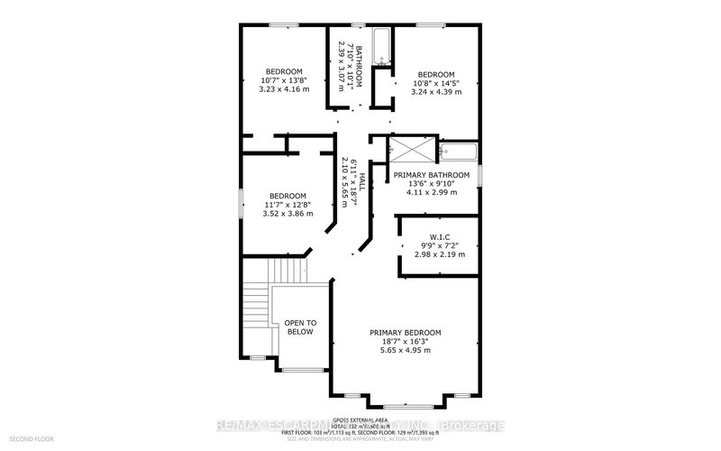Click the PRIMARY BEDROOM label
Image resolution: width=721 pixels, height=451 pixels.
(405, 333)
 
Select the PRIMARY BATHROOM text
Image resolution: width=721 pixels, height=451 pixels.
(430, 174)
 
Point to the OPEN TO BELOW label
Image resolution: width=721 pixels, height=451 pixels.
(300, 327)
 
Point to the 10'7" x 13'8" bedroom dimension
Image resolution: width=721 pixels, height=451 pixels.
(283, 81)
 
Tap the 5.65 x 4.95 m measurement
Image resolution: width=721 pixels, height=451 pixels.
(405, 353)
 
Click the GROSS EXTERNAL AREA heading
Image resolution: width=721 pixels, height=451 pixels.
(360, 421)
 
